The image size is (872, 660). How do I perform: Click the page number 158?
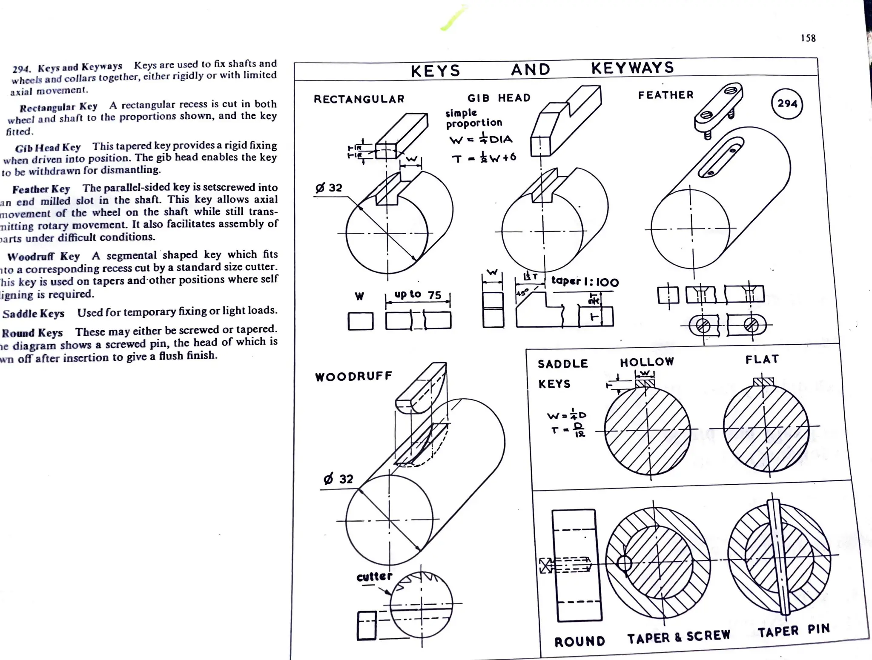(x=808, y=38)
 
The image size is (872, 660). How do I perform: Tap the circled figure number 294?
(x=787, y=103)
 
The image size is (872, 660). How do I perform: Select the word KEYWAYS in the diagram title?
(x=632, y=68)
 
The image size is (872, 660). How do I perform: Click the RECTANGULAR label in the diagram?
(x=359, y=99)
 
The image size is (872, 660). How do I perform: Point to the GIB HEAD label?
(x=499, y=98)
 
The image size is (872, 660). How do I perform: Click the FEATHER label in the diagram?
(x=665, y=95)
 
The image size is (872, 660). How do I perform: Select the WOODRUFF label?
(x=353, y=376)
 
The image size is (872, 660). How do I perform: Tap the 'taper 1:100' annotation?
(x=585, y=282)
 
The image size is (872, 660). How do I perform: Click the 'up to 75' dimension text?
(x=417, y=294)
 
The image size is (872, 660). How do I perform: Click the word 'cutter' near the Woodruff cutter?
(x=374, y=577)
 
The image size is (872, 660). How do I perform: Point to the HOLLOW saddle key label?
(x=647, y=362)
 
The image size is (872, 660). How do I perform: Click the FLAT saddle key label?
(x=762, y=360)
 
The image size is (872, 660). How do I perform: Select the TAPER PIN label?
(x=794, y=630)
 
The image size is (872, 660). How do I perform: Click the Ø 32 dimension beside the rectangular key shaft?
(x=329, y=188)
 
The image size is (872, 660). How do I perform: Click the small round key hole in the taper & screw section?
(x=624, y=564)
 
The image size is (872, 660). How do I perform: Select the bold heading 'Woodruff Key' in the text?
(x=43, y=257)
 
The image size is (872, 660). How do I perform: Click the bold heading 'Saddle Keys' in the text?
(x=33, y=314)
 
